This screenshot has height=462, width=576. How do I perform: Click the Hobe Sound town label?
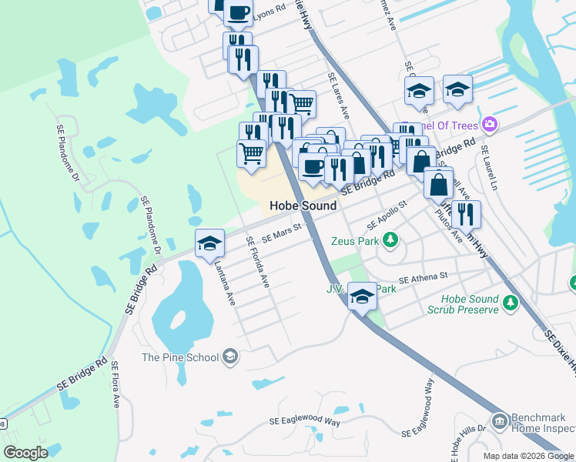coord(303,206)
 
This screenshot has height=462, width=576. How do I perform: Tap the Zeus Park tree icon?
coord(390,241)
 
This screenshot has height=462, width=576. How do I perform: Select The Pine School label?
coord(180,357)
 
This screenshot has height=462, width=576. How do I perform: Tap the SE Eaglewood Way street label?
coord(305,422)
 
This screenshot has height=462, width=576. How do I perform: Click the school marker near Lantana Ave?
coord(209,244)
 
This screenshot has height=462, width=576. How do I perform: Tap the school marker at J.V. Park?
coord(361,296)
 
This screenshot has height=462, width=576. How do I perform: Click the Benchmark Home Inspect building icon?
coord(500,421)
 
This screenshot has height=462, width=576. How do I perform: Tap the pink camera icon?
coord(489,124)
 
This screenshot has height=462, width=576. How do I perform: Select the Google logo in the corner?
coord(25,453)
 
